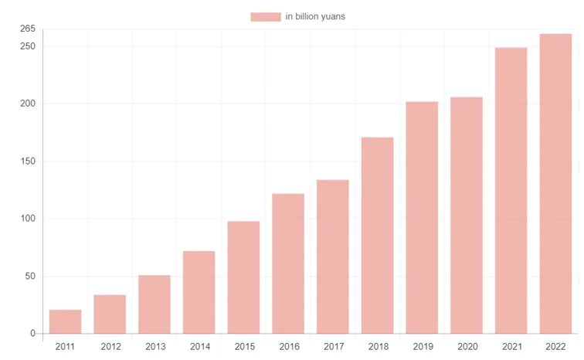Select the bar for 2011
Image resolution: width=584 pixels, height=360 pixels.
pos(65,321)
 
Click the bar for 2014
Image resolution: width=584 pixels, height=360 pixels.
pos(199,292)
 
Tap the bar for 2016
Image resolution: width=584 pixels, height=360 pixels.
pos(288,263)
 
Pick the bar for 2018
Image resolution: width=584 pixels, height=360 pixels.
pos(377,236)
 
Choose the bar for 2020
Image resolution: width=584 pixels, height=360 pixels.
pos(467,216)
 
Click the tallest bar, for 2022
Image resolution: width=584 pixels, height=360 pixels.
pos(555,184)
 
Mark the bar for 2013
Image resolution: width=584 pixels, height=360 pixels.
pos(154,304)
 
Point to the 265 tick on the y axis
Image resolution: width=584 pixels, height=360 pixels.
pos(28,29)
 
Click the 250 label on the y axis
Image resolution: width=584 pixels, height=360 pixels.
pos(28,46)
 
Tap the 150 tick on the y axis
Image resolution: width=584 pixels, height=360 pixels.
pos(28,161)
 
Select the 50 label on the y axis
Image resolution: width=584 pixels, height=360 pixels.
pos(30,277)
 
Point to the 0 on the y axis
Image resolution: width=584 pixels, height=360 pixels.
pos(32,333)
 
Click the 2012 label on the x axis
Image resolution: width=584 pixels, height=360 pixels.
pos(110,347)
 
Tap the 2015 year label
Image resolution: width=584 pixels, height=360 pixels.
pos(245,347)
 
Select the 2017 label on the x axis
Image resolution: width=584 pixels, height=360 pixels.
pos(334,347)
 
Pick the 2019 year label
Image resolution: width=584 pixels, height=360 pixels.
pos(423,347)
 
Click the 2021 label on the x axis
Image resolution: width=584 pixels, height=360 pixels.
pos(512,347)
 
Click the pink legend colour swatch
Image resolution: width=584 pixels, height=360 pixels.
pos(266,17)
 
